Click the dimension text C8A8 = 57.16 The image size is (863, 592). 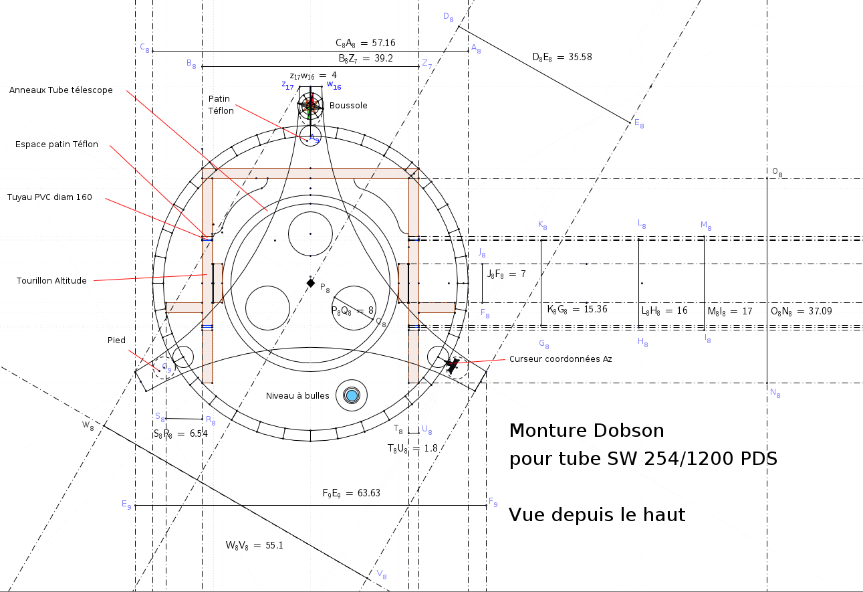point(365,43)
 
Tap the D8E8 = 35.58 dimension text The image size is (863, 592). point(562,57)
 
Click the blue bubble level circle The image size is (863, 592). point(352,395)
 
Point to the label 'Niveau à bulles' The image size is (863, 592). point(297,396)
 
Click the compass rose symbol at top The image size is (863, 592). point(310,104)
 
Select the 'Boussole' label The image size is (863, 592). point(348,106)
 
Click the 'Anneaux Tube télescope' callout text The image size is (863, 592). point(61,90)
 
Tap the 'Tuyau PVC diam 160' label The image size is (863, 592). point(49,197)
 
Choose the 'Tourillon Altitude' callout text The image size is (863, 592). point(51,281)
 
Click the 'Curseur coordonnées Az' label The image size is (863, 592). point(560,359)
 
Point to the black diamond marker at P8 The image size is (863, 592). point(310,283)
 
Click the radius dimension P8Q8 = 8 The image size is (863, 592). point(352,311)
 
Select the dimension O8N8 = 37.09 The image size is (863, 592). point(802,311)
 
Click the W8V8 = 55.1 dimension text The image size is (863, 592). point(254,546)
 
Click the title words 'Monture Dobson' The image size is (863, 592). point(586,430)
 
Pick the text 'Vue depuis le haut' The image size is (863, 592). point(596,515)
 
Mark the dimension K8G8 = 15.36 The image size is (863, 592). point(568,310)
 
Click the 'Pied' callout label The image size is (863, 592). point(116,340)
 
